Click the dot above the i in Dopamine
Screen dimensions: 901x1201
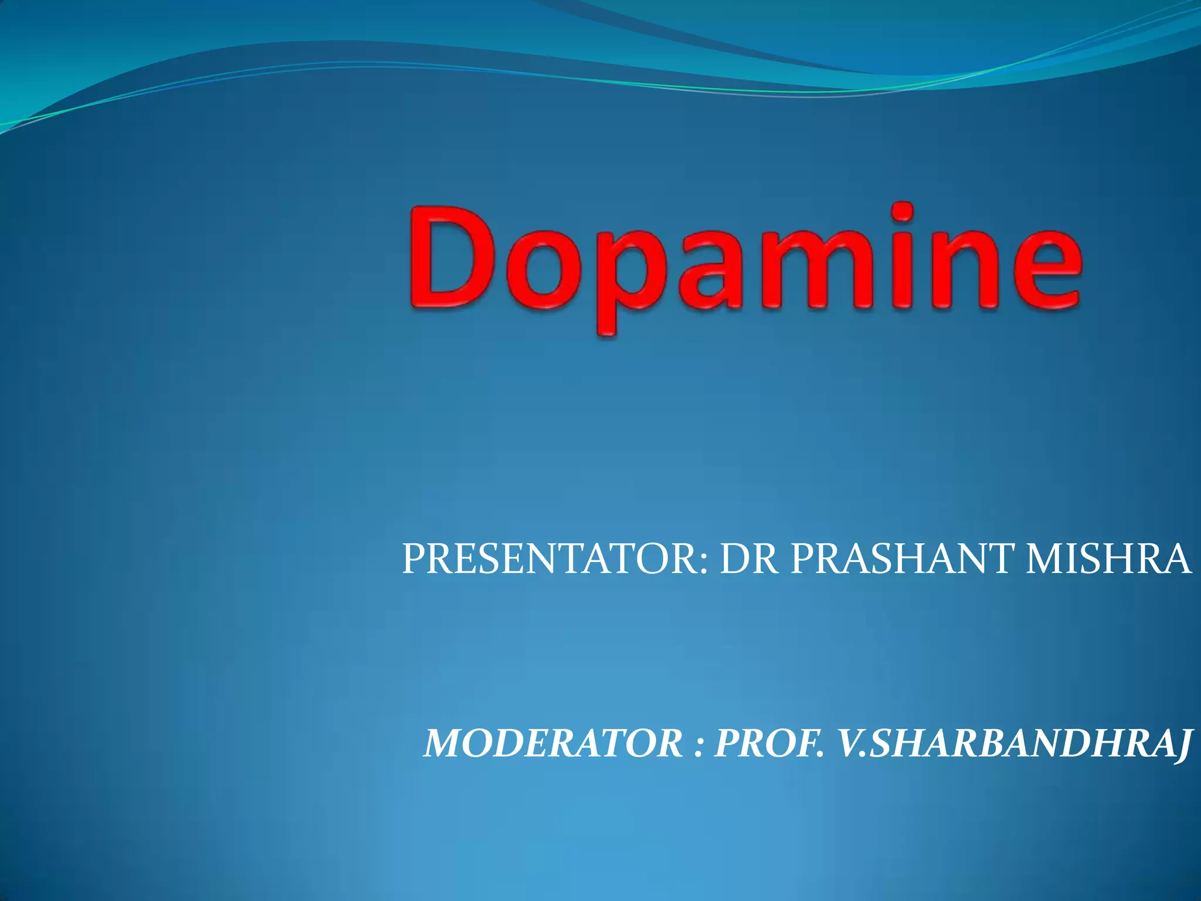[904, 213]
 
